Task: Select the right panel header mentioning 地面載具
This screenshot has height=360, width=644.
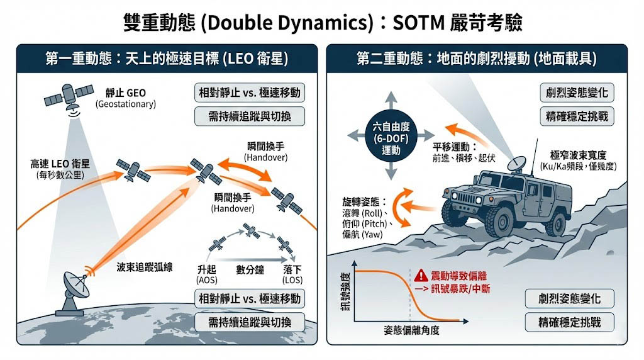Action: click(x=477, y=59)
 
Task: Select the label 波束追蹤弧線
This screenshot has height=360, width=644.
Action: click(x=145, y=267)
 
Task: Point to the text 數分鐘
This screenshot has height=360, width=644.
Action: click(x=250, y=269)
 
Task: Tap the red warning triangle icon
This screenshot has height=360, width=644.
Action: click(x=419, y=275)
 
